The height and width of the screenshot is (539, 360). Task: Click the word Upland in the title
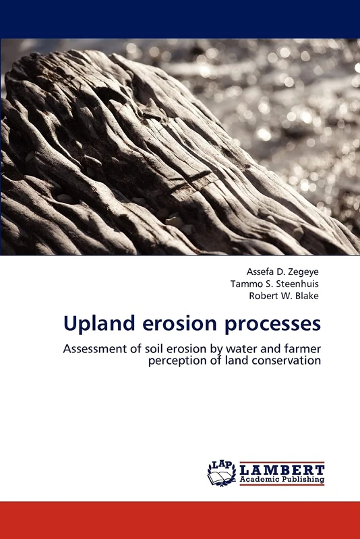click(95, 324)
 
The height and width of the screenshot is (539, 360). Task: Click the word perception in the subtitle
click(177, 360)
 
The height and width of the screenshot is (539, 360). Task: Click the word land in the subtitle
click(232, 360)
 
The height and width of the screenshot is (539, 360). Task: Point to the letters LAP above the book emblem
click(222, 466)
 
